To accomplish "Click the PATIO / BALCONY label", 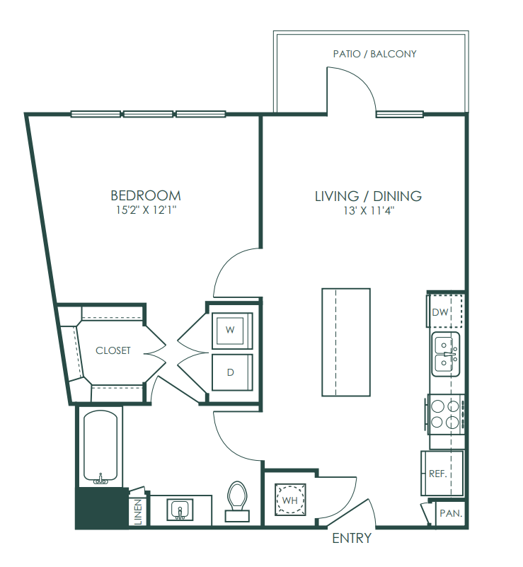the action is click(x=375, y=54).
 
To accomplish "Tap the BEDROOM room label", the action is click(x=146, y=195).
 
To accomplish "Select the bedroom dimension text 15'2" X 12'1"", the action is click(x=146, y=210).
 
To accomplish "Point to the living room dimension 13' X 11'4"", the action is click(x=369, y=210).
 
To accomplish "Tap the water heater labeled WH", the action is click(x=290, y=500).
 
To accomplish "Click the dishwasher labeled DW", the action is click(x=445, y=311).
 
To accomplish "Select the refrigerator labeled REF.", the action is click(x=442, y=474).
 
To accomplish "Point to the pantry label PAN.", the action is click(x=451, y=513).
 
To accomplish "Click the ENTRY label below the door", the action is click(x=352, y=539).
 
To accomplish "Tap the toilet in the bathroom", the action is click(x=237, y=501).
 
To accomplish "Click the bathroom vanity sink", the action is click(x=180, y=510).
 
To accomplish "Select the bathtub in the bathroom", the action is click(x=100, y=447).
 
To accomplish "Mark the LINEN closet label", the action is click(x=138, y=512).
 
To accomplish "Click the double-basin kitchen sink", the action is click(x=446, y=354).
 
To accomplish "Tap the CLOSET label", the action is click(x=113, y=350).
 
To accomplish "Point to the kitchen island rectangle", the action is click(x=346, y=342).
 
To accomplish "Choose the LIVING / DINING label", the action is click(x=368, y=196).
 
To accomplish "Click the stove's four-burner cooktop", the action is click(x=445, y=414).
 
